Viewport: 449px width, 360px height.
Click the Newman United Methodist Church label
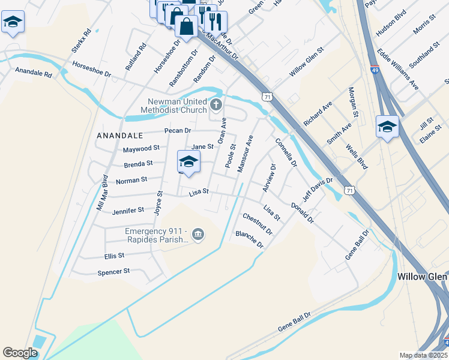point(173,106)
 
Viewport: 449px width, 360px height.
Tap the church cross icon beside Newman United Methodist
point(216,106)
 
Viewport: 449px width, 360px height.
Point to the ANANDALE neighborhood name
point(120,136)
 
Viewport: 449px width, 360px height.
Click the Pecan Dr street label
point(178,130)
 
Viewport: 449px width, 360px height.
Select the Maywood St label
point(141,148)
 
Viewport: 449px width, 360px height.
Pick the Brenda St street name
point(138,163)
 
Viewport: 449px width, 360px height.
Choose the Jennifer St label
point(128,211)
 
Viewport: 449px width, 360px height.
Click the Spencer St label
point(113,272)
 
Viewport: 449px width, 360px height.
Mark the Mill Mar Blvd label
point(103,191)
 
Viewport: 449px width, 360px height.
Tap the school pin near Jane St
point(188,163)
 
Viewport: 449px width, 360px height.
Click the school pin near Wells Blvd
point(387,127)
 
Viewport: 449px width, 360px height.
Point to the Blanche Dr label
point(250,239)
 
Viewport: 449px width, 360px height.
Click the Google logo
point(20,353)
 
